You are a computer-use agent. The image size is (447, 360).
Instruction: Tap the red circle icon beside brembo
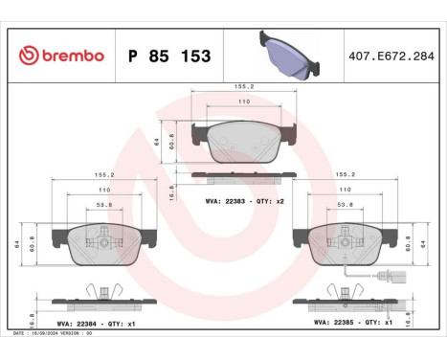point(27,56)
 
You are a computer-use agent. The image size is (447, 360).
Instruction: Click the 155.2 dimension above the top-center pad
point(244,86)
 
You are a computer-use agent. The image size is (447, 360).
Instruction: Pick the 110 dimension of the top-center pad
point(244,101)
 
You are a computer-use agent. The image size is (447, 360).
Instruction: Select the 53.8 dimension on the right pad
point(343,205)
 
